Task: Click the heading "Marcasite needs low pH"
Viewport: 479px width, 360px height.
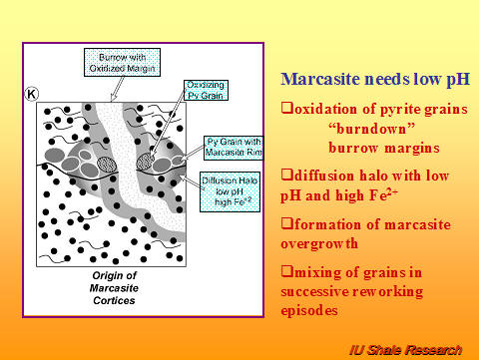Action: coord(369,80)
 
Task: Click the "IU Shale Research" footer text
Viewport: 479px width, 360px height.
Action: coord(412,349)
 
